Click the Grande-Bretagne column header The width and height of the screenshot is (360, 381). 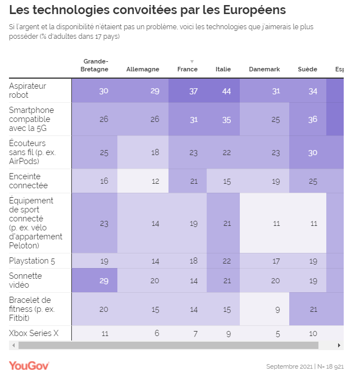tap(95, 65)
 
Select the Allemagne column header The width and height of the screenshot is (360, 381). tap(143, 70)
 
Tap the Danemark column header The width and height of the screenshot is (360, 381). tap(264, 70)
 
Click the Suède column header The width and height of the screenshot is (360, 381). tap(307, 70)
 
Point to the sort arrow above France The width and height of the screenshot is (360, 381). tap(192, 61)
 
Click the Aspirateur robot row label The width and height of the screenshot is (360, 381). tap(28, 90)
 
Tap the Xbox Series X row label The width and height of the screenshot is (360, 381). tap(34, 333)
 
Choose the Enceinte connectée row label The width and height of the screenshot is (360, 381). tap(29, 181)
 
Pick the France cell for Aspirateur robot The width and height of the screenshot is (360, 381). tap(193, 91)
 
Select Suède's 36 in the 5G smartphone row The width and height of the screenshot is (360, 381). tap(312, 119)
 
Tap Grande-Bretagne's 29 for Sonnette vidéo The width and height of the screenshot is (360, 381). tap(103, 280)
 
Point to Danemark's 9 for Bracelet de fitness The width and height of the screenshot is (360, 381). tap(276, 309)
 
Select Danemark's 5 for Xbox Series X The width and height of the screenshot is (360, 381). tap(277, 333)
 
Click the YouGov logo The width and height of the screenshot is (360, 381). tap(29, 366)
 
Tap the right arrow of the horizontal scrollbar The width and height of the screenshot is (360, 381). tap(339, 346)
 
